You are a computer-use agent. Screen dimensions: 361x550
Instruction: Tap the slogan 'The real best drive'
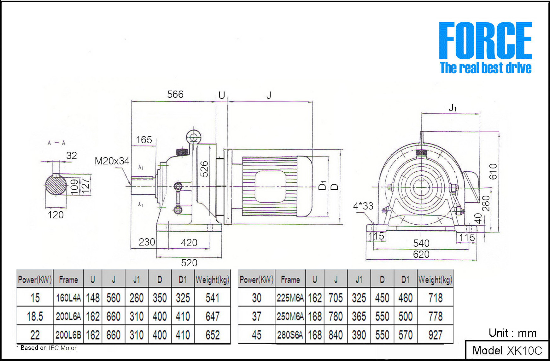(485, 68)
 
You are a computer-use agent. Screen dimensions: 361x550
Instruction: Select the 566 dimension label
(175, 94)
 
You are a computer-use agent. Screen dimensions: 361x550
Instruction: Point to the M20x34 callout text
(112, 161)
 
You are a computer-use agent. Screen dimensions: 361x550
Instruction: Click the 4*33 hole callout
(363, 206)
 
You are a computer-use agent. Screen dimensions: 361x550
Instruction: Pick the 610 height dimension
(493, 171)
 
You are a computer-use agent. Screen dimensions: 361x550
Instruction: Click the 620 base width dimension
(421, 254)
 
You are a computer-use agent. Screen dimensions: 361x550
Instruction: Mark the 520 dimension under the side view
(189, 263)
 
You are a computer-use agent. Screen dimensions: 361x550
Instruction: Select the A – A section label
(56, 143)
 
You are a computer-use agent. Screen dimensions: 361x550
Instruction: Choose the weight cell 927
(435, 335)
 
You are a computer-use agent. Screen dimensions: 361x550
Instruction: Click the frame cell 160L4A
(68, 298)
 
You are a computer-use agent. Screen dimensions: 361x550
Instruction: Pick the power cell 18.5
(35, 316)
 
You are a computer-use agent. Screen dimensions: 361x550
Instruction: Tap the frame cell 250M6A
(290, 316)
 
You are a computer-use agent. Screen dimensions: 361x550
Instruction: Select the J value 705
(336, 298)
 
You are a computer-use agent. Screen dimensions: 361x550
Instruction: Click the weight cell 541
(213, 298)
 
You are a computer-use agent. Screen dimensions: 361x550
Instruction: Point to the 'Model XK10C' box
(507, 350)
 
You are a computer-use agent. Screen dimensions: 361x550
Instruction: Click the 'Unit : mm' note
(512, 333)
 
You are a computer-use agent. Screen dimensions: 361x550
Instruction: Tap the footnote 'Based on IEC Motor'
(48, 348)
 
